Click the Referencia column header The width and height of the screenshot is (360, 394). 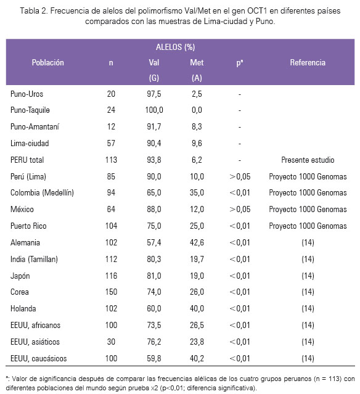click(x=308, y=62)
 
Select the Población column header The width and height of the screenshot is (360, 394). click(x=47, y=62)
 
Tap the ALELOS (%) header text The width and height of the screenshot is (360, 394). click(x=175, y=47)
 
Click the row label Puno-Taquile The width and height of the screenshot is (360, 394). click(x=30, y=110)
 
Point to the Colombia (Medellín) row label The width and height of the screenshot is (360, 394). click(x=42, y=193)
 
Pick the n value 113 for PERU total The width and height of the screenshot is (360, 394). click(x=111, y=160)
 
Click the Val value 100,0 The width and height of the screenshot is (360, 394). click(x=154, y=110)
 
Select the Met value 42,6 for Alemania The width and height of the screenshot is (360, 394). click(x=197, y=242)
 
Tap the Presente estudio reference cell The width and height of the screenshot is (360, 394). click(x=308, y=160)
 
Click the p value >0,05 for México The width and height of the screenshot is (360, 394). click(x=240, y=209)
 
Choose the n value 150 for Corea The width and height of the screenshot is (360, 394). click(x=111, y=292)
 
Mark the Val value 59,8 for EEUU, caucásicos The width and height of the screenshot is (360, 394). click(x=154, y=358)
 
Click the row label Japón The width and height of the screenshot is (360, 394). click(x=20, y=276)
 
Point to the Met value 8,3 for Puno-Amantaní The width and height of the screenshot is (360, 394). click(x=197, y=126)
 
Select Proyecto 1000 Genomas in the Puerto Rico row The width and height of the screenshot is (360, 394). click(x=308, y=226)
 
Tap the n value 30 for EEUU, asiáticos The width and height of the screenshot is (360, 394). click(x=111, y=342)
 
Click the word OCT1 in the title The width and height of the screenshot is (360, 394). click(x=257, y=11)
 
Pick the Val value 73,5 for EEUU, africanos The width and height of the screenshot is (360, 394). click(x=154, y=325)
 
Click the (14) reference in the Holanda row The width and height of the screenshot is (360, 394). click(x=308, y=308)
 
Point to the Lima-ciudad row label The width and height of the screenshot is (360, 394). click(x=30, y=143)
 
